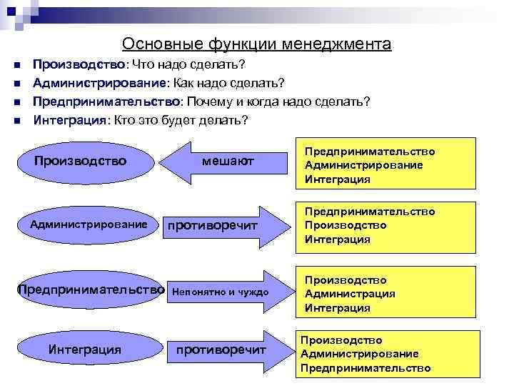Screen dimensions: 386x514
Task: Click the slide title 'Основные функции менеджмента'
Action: (x=256, y=44)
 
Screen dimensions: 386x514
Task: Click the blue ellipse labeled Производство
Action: (x=80, y=161)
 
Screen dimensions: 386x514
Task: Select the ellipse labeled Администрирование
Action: (x=89, y=224)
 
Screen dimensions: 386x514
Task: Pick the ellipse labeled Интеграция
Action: (x=84, y=350)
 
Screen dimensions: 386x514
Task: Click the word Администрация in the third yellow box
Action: (x=350, y=294)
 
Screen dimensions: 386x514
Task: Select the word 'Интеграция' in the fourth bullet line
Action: (x=69, y=119)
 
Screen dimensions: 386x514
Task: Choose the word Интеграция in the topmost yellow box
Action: (x=337, y=179)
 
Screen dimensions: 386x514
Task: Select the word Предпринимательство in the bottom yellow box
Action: (x=366, y=368)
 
